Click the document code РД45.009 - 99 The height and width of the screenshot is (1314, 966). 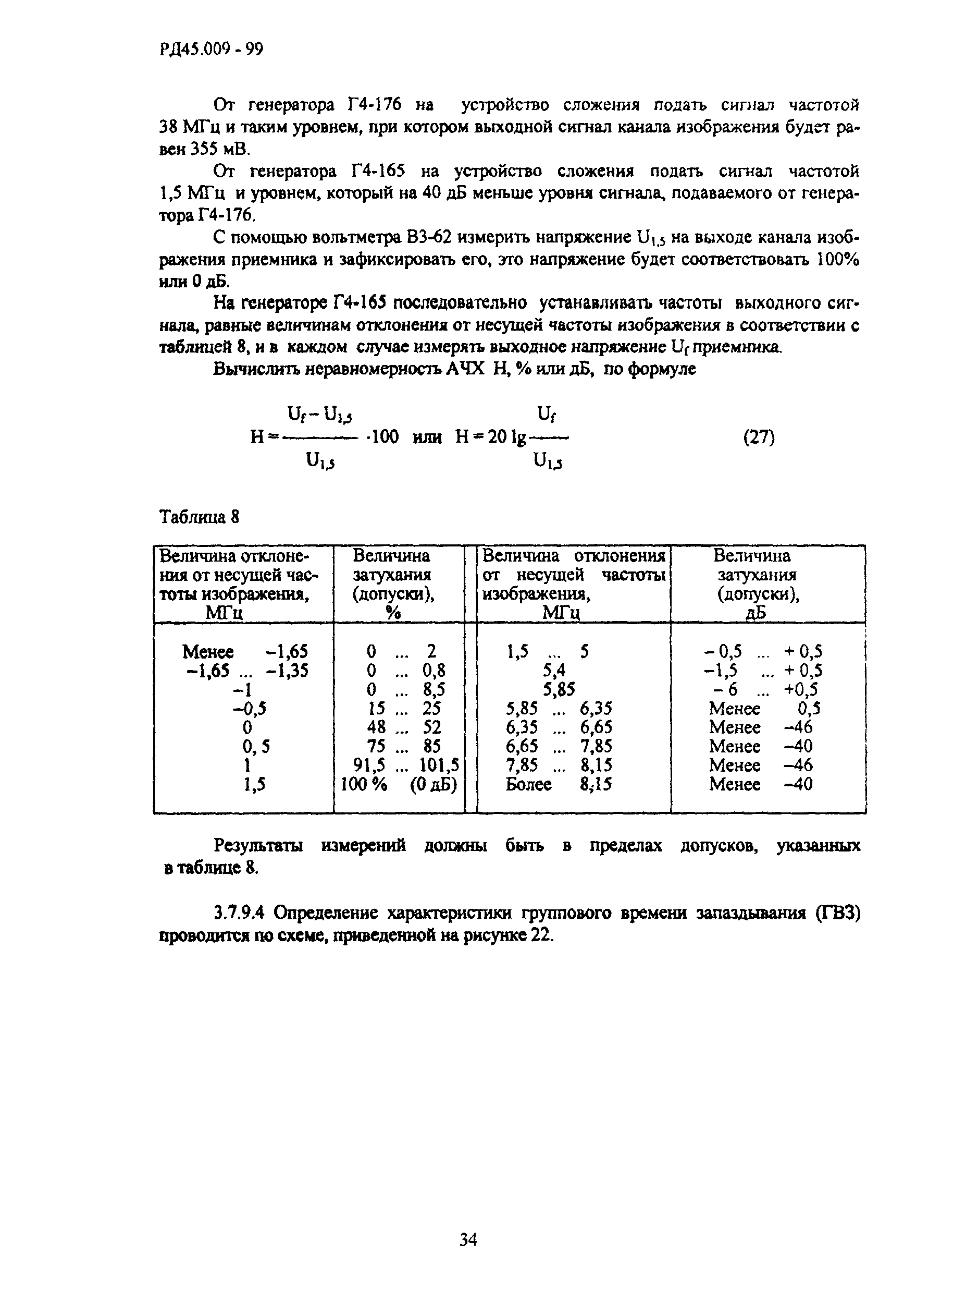point(211,50)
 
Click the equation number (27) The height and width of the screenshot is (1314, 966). point(759,437)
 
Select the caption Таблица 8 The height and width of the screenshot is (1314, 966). point(200,517)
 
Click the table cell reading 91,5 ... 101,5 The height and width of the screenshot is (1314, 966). point(402,764)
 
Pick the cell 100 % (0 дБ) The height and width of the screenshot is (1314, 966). point(398,784)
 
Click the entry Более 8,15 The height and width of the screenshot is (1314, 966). point(559,784)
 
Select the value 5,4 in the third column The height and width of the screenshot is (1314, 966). point(554,670)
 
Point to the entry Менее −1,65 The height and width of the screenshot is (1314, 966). point(245,651)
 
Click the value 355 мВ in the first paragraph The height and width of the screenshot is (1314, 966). point(220,149)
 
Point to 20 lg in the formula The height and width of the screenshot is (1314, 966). point(507,437)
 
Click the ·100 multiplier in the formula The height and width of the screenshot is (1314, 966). point(381,437)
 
